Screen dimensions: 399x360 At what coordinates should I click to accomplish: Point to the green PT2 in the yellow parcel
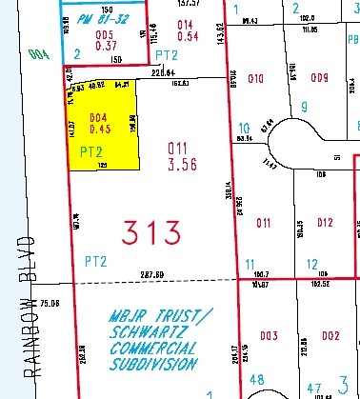coord(90,150)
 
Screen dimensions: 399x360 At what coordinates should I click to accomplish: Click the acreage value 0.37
coord(106,46)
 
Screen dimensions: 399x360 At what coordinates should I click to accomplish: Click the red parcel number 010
coord(254,77)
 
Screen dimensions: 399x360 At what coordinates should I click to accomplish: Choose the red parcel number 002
coord(330,335)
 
